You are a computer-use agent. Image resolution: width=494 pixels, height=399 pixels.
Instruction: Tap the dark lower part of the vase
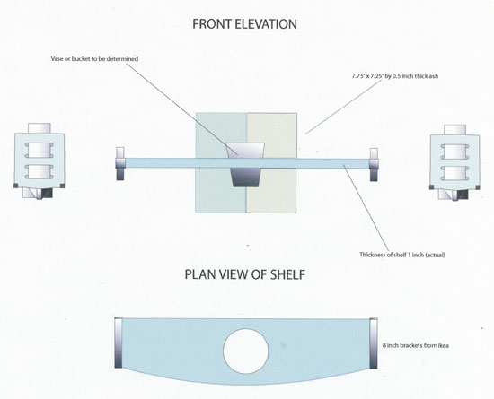(244, 178)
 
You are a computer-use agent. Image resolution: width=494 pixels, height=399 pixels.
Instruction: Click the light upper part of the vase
(244, 149)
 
